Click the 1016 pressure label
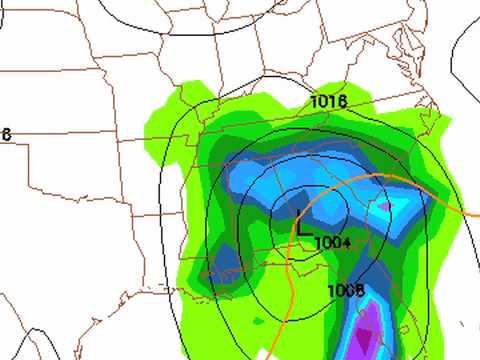pyautogui.click(x=328, y=101)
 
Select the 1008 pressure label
pyautogui.click(x=345, y=290)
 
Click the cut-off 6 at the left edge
pyautogui.click(x=5, y=134)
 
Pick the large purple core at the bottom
pyautogui.click(x=371, y=330)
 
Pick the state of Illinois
pyautogui.click(x=195, y=140)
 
